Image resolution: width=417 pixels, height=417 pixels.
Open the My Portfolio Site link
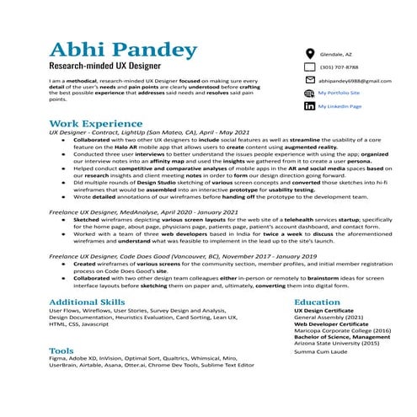(x=339, y=93)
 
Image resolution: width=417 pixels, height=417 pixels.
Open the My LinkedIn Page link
(x=339, y=106)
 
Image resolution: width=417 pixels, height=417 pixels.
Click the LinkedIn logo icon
(x=308, y=106)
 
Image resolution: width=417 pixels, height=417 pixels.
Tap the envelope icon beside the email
(x=308, y=80)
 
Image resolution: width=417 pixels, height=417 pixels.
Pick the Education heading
(x=318, y=302)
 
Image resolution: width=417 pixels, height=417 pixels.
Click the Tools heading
(x=61, y=349)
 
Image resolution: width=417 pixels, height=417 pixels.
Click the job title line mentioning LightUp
(x=149, y=133)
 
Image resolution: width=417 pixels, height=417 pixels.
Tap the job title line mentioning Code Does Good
(x=183, y=255)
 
